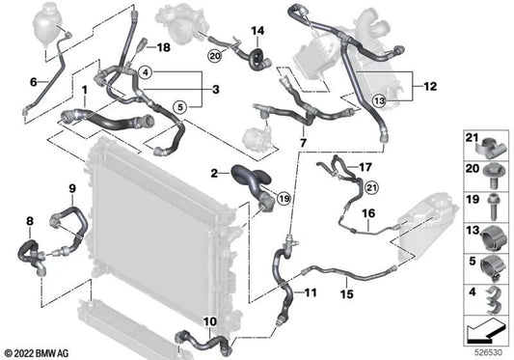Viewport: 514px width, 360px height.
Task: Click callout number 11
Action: tap(310, 292)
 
